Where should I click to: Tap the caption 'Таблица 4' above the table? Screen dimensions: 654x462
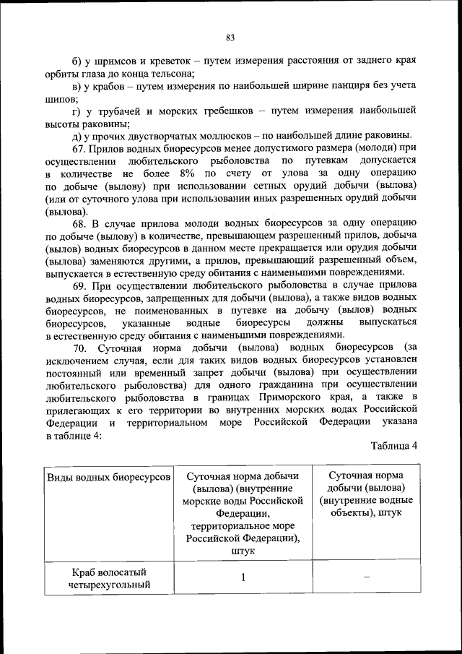[x=394, y=445]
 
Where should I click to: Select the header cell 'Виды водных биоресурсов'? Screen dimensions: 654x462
[x=108, y=478]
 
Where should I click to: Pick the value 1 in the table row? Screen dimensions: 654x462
[x=243, y=577]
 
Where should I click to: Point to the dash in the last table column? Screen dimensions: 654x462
[x=366, y=577]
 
